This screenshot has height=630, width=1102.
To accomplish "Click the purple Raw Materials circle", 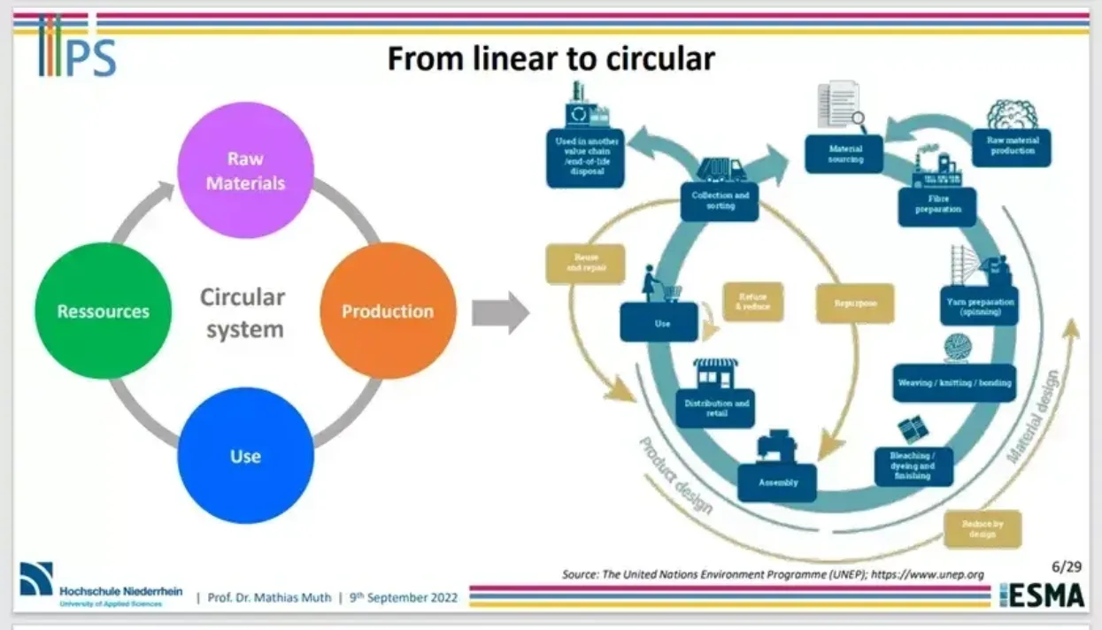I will pyautogui.click(x=245, y=170).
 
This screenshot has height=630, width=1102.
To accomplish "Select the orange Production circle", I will pyautogui.click(x=387, y=311).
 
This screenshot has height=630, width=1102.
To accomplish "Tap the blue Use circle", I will pyautogui.click(x=245, y=456).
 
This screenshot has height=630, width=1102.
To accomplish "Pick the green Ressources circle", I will pyautogui.click(x=103, y=311).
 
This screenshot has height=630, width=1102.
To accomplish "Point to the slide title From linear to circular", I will pyautogui.click(x=551, y=58).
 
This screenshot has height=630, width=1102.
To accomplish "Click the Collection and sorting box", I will pyautogui.click(x=719, y=201).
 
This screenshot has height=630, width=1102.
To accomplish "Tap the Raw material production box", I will pyautogui.click(x=1012, y=146).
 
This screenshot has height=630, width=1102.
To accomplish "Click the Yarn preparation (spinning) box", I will pyautogui.click(x=978, y=306).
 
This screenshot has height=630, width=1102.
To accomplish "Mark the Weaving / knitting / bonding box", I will pyautogui.click(x=954, y=383).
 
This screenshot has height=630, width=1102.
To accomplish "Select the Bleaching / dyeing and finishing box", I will pyautogui.click(x=913, y=465).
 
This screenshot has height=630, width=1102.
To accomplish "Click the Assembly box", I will pyautogui.click(x=777, y=482).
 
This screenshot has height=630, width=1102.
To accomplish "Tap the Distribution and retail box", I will pyautogui.click(x=715, y=408).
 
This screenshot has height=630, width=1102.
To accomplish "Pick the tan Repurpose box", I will pyautogui.click(x=854, y=303).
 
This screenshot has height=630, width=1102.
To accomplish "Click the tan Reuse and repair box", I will pyautogui.click(x=585, y=263).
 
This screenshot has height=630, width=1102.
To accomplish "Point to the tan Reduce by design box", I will pyautogui.click(x=982, y=528).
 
